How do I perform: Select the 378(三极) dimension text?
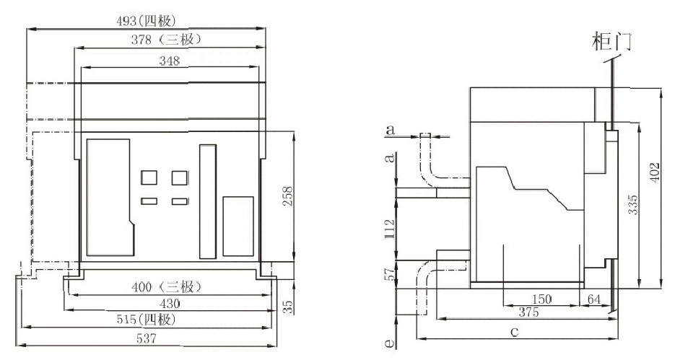point(167,39)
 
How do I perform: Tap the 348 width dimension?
point(168,62)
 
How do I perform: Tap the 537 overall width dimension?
point(147,337)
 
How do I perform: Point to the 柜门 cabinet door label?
point(611,40)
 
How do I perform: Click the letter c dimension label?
point(514,332)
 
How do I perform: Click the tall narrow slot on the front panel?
point(208,201)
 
